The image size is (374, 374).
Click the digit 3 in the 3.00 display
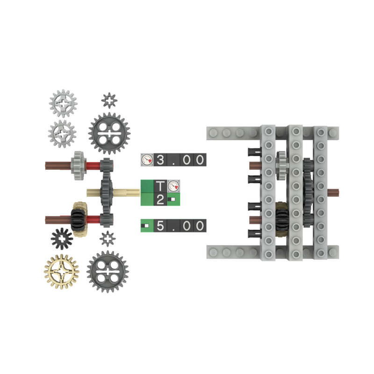(x=161, y=160)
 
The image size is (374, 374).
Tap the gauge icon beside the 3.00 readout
(x=147, y=160)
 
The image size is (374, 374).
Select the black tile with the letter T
(x=160, y=186)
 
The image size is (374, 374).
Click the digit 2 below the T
(x=160, y=200)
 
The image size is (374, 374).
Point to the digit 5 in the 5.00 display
(x=161, y=226)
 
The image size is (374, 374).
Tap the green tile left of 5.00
(x=147, y=226)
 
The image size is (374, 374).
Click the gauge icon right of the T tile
(x=173, y=186)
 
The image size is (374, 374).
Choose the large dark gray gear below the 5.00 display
(x=108, y=271)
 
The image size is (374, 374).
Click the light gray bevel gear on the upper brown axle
(x=78, y=165)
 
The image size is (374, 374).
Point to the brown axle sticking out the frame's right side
(x=334, y=192)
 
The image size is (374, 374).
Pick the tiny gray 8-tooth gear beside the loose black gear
(x=108, y=238)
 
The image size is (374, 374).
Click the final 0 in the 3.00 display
(x=200, y=160)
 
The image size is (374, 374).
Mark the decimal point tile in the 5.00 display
(x=174, y=226)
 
